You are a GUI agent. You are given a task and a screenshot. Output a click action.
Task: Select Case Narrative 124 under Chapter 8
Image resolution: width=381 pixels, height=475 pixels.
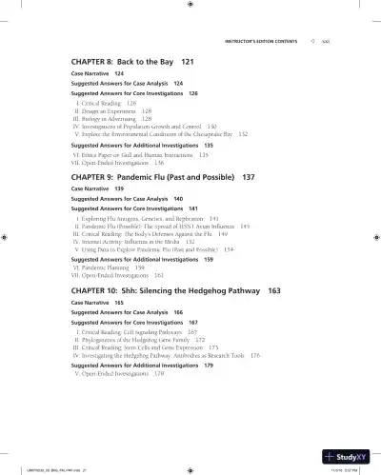click(x=97, y=72)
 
